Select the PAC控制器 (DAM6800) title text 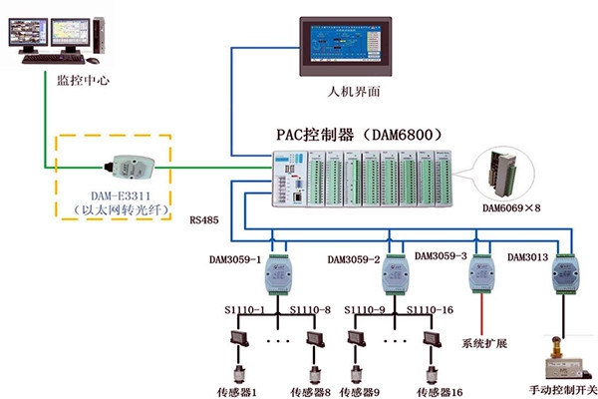358,133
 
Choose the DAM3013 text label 528,257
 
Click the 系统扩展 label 483,345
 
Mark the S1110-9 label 368,311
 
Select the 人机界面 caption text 355,92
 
